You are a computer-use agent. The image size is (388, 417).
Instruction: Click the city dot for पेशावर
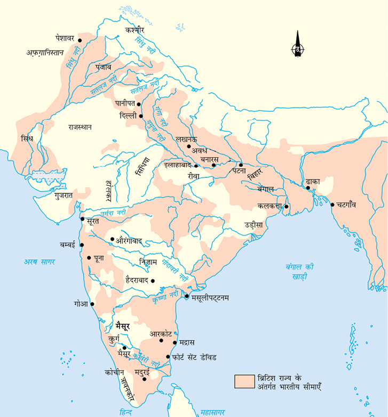tap(80, 39)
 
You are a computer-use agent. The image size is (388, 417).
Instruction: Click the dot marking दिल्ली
tap(141, 115)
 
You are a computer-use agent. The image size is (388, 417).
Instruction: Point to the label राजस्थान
tap(81, 127)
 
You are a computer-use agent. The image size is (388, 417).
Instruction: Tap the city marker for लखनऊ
tap(188, 146)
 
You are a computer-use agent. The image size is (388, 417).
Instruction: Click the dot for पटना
tap(241, 165)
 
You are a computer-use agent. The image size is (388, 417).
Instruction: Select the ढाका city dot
tap(308, 187)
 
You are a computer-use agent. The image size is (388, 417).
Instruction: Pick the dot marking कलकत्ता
tap(287, 207)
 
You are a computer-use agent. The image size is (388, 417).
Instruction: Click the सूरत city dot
tap(82, 219)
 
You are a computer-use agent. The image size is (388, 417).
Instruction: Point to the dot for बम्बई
tap(82, 245)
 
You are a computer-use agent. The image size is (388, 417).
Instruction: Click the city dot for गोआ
tap(93, 304)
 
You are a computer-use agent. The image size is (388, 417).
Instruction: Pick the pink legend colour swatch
tap(243, 381)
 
